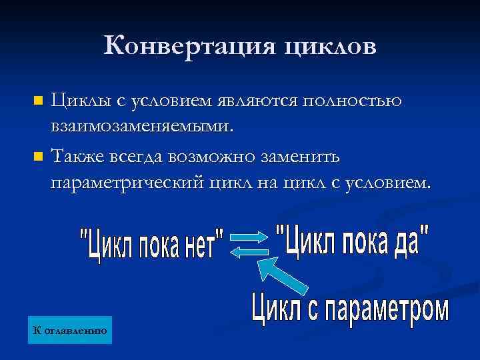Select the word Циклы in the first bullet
click(x=77, y=102)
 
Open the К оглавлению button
click(x=69, y=330)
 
